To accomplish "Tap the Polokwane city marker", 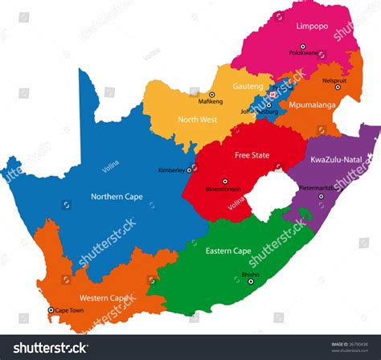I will pos(305,55).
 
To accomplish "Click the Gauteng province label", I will pos(248,85).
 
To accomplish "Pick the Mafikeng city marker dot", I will pos(212,94).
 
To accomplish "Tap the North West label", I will pos(196,120).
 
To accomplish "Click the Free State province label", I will pos(252,155).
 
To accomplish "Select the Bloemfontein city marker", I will pos(225,181).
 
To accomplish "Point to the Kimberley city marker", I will pos(190,170).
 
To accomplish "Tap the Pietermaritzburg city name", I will pos(321,187).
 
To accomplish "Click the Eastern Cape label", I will pos(228,251).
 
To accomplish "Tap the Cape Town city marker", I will pos(51,309).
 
